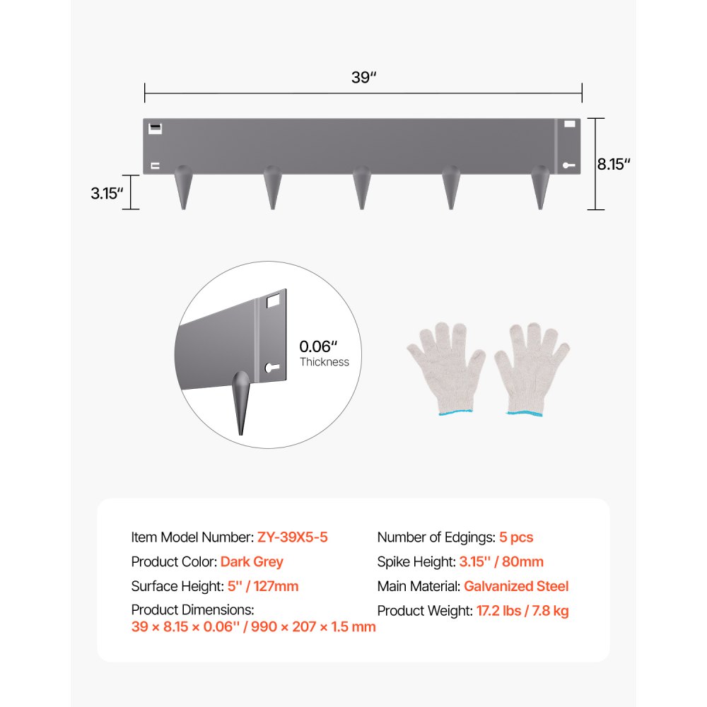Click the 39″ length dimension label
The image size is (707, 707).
(x=363, y=78)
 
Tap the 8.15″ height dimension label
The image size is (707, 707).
(x=614, y=165)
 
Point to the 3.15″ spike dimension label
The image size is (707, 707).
(x=107, y=193)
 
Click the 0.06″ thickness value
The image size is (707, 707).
(x=319, y=346)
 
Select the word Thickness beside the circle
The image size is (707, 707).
(x=325, y=362)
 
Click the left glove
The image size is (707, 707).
(x=445, y=368)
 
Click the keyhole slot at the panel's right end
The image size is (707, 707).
(x=570, y=165)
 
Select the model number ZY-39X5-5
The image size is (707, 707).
(x=292, y=537)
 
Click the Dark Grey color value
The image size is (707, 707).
(x=252, y=562)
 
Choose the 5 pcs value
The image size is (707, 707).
(x=516, y=537)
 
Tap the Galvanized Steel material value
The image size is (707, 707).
(x=516, y=586)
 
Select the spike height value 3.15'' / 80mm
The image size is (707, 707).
(x=501, y=562)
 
